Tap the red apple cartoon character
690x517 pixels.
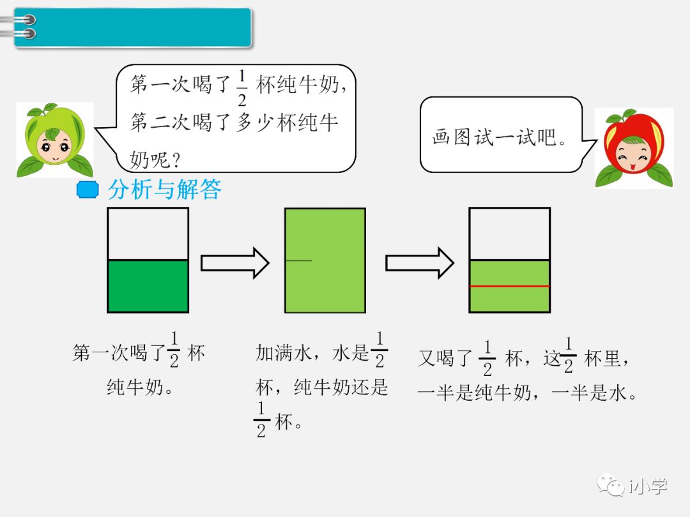coord(634,147)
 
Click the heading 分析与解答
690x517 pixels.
coord(164,190)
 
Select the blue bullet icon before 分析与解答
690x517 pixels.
coord(87,190)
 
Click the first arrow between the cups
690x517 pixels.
coord(234,263)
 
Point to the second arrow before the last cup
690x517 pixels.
coord(419,263)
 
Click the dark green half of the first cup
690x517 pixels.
coord(148,286)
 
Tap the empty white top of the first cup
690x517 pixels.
coord(148,234)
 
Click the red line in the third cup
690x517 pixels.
coord(509,286)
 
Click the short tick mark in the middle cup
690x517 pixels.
coord(298,260)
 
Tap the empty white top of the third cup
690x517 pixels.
coord(509,234)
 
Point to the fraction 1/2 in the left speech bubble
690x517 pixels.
coord(241,87)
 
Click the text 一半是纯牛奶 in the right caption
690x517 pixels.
coord(474,393)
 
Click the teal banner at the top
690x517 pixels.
coord(133,27)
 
